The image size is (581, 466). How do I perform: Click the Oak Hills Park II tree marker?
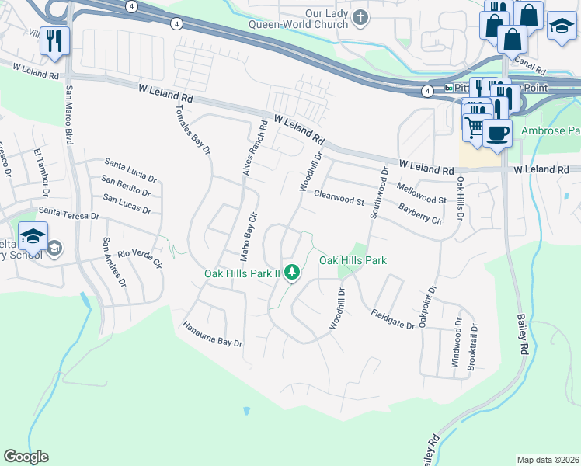click(x=292, y=273)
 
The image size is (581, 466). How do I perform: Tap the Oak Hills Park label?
click(x=353, y=260)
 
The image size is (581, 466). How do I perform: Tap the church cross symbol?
click(x=360, y=17)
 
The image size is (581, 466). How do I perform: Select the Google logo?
click(x=26, y=457)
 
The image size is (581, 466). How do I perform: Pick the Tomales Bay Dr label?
click(x=193, y=129)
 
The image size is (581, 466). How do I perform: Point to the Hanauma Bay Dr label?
click(x=213, y=333)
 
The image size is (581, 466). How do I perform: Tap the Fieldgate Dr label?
click(x=392, y=319)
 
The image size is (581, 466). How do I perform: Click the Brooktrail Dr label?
click(x=474, y=346)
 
